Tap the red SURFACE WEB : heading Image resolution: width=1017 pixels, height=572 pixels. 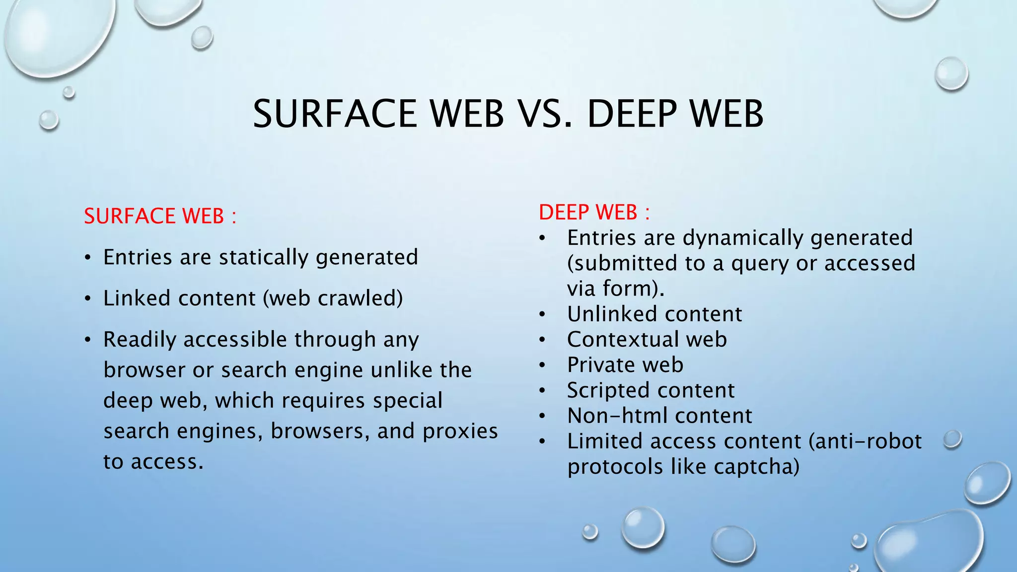point(160,216)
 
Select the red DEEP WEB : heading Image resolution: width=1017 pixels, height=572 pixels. point(594,213)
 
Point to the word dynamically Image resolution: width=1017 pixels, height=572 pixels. point(742,238)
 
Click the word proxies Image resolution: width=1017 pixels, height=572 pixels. point(460,431)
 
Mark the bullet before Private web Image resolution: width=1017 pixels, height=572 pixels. point(543,365)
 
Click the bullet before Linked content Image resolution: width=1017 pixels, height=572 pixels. point(88,299)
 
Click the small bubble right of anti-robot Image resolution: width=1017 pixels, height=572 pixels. point(952,439)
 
